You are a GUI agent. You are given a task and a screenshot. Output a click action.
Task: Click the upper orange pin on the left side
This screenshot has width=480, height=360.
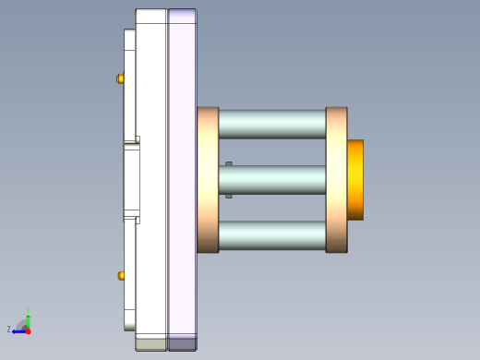120,78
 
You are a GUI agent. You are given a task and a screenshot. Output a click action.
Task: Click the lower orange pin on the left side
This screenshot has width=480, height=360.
121,275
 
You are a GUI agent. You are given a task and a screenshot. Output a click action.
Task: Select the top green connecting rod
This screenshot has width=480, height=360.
271,124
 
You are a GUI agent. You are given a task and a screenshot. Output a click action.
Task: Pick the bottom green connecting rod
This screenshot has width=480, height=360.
271,235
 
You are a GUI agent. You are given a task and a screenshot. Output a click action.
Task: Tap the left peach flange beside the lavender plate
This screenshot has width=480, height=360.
208,179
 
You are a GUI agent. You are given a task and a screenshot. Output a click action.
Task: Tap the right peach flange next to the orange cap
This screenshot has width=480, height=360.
336,179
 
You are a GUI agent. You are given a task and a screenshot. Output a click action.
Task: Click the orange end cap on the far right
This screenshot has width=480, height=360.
354,179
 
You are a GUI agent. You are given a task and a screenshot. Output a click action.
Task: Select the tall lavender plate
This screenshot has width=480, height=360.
182,175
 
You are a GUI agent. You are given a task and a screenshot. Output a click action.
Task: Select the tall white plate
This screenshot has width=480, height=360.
151,175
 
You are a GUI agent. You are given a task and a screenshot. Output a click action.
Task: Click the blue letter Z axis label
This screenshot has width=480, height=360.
9,329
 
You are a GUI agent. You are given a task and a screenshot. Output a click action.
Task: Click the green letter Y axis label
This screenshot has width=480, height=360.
29,311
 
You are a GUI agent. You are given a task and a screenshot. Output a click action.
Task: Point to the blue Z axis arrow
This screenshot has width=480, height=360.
18,330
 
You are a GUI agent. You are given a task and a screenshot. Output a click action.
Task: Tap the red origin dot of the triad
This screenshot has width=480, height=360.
28,330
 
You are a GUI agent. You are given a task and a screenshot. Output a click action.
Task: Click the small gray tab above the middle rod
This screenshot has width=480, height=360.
228,164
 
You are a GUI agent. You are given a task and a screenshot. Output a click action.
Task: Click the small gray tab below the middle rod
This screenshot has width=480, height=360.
228,195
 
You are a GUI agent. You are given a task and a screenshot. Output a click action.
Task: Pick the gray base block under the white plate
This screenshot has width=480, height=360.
151,343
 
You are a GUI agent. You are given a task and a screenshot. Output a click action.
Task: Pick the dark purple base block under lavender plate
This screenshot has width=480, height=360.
182,343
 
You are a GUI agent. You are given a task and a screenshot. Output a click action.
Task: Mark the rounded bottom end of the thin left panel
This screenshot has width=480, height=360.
129,326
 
